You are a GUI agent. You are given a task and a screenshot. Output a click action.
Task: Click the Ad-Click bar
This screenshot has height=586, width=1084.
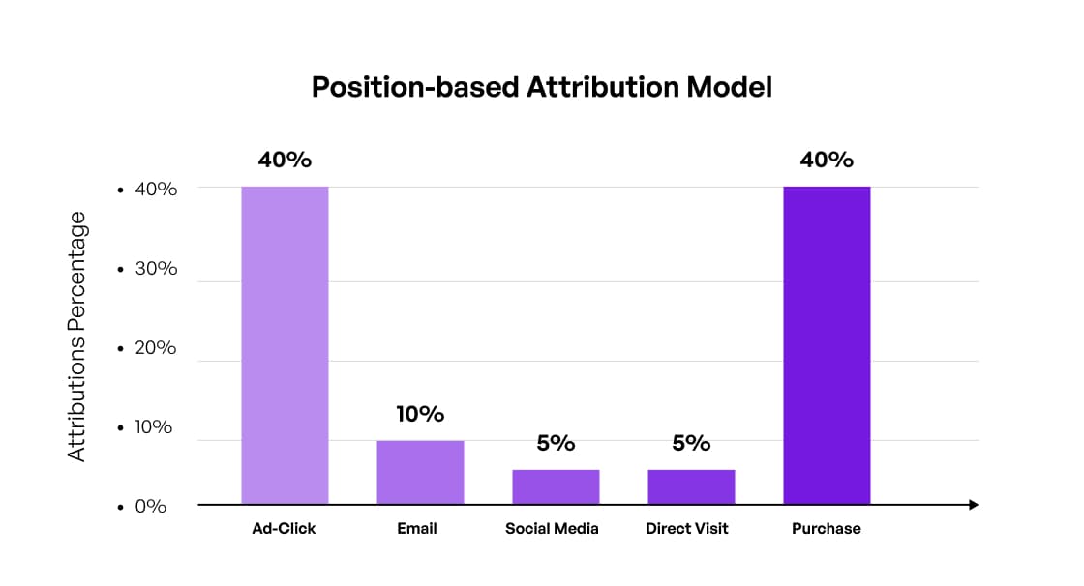(x=285, y=345)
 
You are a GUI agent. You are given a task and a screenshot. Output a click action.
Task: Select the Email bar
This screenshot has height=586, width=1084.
(x=420, y=473)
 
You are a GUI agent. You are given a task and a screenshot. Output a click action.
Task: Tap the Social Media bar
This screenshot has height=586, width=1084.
(x=556, y=486)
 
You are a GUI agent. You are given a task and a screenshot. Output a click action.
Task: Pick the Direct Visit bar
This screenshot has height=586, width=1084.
(x=691, y=486)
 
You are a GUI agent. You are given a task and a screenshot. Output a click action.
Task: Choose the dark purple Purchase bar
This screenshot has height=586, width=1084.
(x=827, y=345)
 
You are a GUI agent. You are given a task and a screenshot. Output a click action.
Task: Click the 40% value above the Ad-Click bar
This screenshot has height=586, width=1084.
(x=285, y=160)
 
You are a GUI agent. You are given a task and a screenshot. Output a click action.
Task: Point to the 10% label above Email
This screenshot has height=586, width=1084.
(x=420, y=414)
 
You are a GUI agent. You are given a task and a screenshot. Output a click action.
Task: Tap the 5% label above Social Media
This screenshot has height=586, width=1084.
(x=556, y=443)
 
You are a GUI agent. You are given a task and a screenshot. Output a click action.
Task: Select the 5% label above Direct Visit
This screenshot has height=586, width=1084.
(x=691, y=443)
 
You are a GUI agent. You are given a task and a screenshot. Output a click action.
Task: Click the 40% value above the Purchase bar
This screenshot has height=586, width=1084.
(x=827, y=160)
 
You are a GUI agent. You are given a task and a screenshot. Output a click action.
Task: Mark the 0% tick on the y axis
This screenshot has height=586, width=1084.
(x=150, y=506)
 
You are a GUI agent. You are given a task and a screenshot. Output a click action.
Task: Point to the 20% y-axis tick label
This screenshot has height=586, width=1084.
(x=156, y=347)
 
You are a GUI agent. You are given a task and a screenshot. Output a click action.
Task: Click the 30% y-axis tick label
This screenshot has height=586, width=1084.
(x=156, y=268)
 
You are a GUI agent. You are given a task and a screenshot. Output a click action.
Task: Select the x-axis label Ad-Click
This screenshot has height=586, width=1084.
(x=285, y=529)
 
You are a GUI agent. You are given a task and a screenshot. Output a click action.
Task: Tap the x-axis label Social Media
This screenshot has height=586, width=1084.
(x=552, y=529)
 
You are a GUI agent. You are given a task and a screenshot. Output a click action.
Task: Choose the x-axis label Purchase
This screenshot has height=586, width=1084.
(x=827, y=529)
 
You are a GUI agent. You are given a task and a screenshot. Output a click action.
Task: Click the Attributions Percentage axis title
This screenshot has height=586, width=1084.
(x=77, y=337)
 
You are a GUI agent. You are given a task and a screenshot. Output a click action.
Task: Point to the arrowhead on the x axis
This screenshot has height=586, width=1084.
(x=974, y=505)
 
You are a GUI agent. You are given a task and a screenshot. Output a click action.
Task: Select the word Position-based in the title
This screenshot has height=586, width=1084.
(x=415, y=87)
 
